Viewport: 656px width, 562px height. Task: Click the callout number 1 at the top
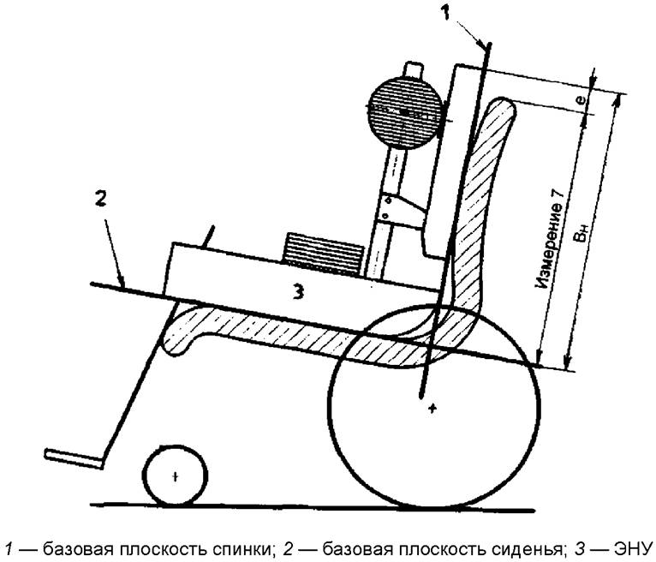coord(445,12)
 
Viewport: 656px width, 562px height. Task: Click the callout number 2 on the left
coord(100,200)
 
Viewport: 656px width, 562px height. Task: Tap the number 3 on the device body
coord(297,291)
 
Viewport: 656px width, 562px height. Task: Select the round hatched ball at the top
coord(403,113)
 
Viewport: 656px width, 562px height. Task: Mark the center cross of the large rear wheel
coord(433,408)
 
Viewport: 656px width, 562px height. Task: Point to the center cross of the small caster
coord(176,476)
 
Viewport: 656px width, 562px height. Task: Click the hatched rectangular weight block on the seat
coord(324,254)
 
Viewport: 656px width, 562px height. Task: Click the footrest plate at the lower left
coord(74,458)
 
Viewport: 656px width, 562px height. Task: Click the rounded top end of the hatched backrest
coord(501,107)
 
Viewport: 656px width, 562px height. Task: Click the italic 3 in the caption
coord(579,548)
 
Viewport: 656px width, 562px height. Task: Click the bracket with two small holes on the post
coord(401,209)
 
